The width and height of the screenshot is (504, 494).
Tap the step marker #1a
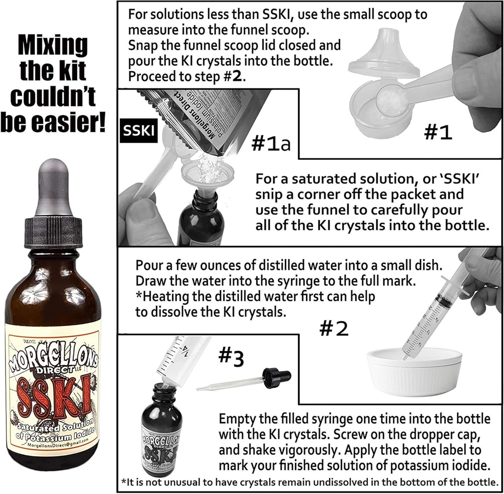pos(272,144)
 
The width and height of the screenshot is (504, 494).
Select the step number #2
pos(334,328)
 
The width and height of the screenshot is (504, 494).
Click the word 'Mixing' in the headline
pos(53,46)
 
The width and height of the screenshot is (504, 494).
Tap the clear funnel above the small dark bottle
pos(207,175)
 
